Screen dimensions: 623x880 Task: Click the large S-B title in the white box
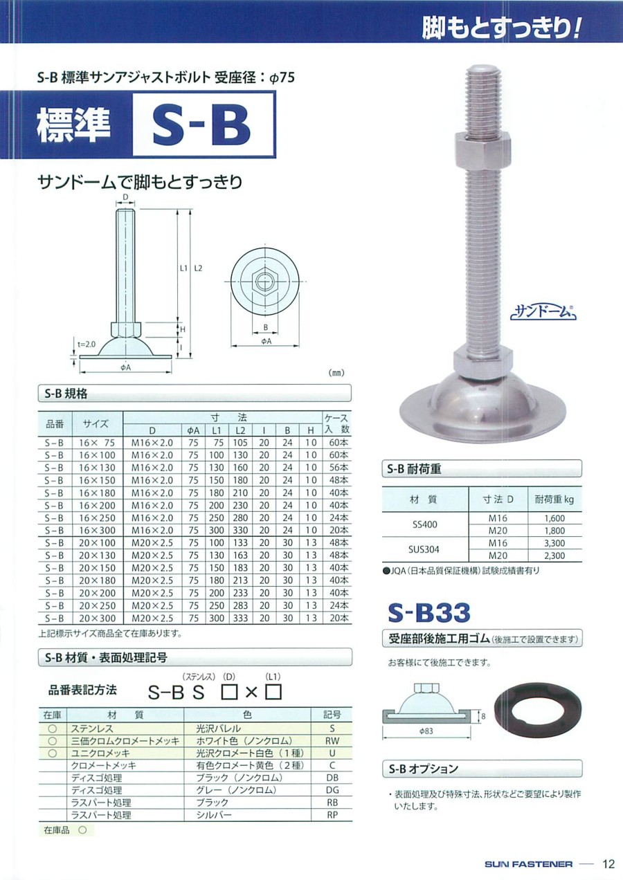pyautogui.click(x=201, y=125)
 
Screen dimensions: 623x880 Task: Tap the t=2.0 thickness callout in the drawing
pyautogui.click(x=86, y=344)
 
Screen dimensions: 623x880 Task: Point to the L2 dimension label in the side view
pyautogui.click(x=198, y=268)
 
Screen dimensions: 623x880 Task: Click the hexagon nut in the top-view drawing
pyautogui.click(x=265, y=282)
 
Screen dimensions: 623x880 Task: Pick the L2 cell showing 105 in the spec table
pyautogui.click(x=240, y=443)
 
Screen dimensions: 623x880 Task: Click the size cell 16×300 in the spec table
pyautogui.click(x=97, y=531)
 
